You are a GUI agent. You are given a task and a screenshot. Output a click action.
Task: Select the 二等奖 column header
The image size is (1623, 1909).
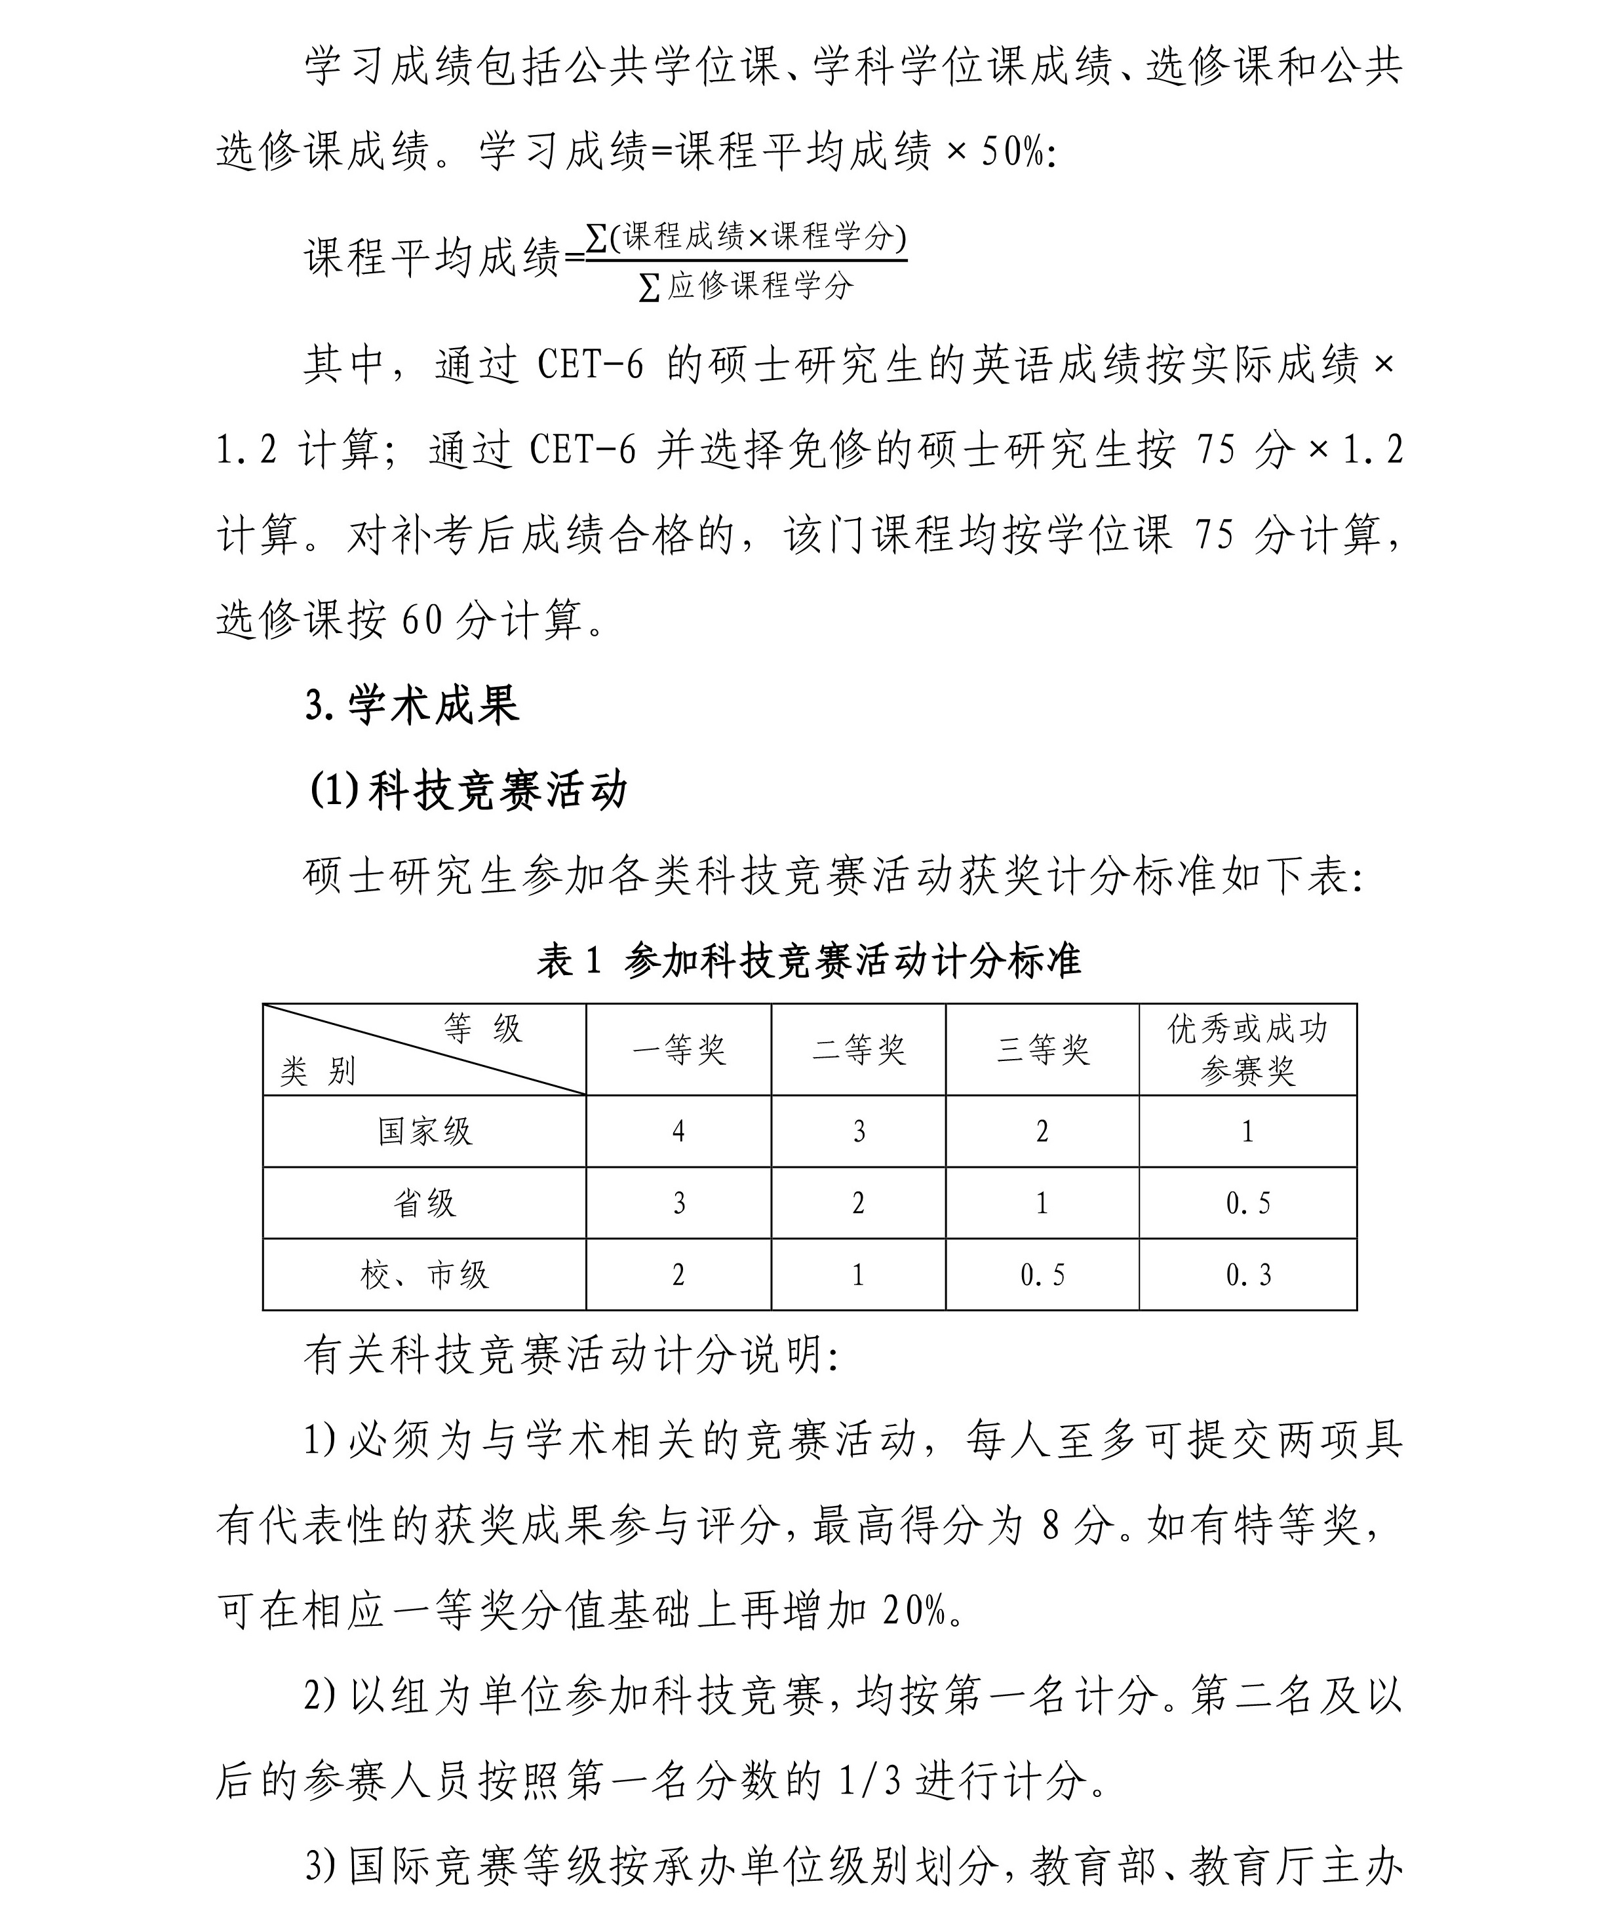click(x=859, y=1050)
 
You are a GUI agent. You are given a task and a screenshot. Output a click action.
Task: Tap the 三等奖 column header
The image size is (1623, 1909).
click(x=1042, y=1050)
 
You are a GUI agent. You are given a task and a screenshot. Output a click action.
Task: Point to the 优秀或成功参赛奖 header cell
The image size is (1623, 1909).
click(x=1247, y=1050)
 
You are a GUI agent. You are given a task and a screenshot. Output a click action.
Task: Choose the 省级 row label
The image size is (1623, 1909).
click(x=424, y=1203)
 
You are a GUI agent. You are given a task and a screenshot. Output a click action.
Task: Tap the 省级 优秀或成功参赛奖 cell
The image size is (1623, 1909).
click(x=1247, y=1203)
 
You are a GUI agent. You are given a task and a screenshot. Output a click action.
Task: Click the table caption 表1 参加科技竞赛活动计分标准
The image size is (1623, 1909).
click(x=809, y=961)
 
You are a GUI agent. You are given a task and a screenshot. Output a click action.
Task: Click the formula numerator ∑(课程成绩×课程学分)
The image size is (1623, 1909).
click(x=745, y=237)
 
